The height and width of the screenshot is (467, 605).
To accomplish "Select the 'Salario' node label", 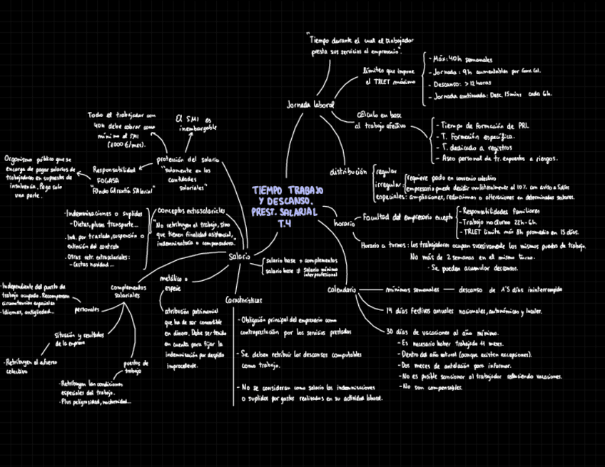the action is pyautogui.click(x=238, y=256).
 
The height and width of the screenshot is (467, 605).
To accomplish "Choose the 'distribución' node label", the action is pyautogui.click(x=349, y=172).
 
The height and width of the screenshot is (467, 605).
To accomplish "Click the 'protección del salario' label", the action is pyautogui.click(x=188, y=159).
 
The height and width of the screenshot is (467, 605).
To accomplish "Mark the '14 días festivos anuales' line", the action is pyautogui.click(x=464, y=312).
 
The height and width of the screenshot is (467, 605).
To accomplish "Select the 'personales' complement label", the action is pyautogui.click(x=87, y=310).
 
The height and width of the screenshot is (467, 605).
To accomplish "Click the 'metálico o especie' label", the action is pyautogui.click(x=173, y=283).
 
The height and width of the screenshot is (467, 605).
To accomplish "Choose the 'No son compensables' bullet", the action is pyautogui.click(x=432, y=387).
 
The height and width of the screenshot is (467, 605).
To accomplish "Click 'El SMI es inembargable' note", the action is pyautogui.click(x=194, y=123).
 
